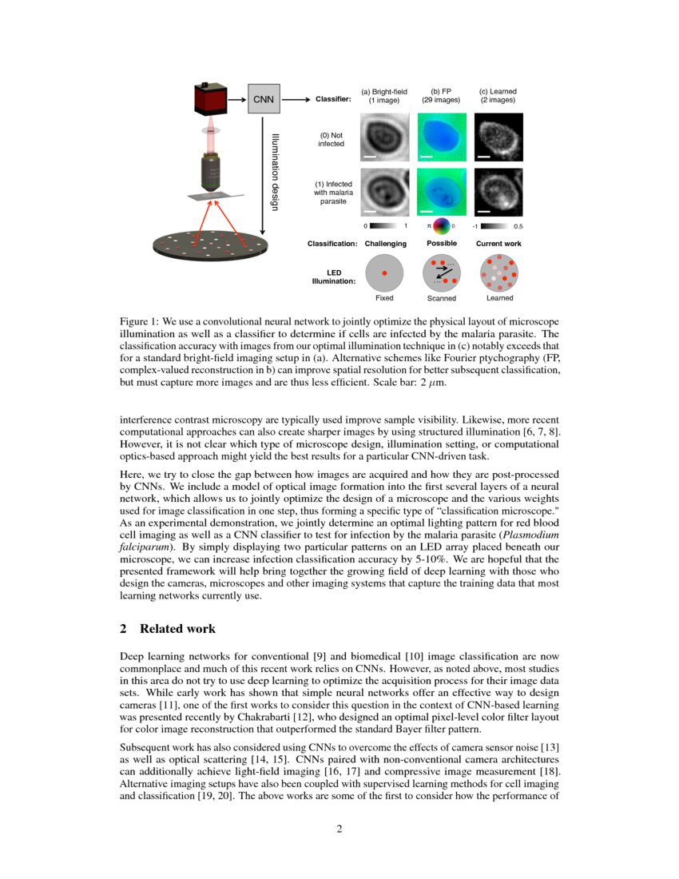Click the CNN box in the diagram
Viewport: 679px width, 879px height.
[263, 100]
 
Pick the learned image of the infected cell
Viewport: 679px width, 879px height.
[498, 191]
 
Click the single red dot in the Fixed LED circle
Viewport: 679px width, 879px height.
[384, 273]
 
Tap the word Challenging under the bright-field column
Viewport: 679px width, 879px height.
[385, 243]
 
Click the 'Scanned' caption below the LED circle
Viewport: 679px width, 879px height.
[441, 299]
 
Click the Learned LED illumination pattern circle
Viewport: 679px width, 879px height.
[499, 273]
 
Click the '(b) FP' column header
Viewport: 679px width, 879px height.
[441, 92]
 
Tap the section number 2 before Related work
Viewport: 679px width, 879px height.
[123, 629]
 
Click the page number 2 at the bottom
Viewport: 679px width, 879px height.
[339, 829]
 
